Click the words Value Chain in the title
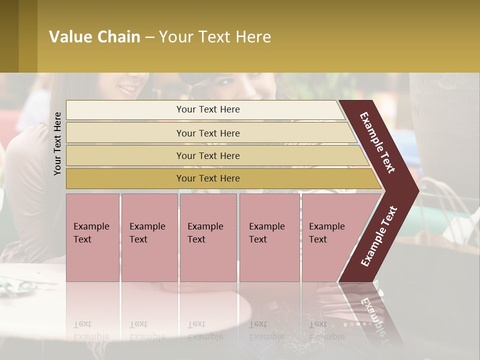94,37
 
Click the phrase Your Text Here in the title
215,37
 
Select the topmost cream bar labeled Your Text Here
208,109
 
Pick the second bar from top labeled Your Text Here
208,133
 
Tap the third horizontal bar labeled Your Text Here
208,155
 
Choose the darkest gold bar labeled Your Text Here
208,178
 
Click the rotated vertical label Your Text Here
57,143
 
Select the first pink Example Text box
92,237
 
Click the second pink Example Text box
149,237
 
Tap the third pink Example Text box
208,237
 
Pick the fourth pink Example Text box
269,237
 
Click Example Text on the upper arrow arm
377,142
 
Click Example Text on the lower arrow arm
379,236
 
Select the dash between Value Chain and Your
149,37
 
